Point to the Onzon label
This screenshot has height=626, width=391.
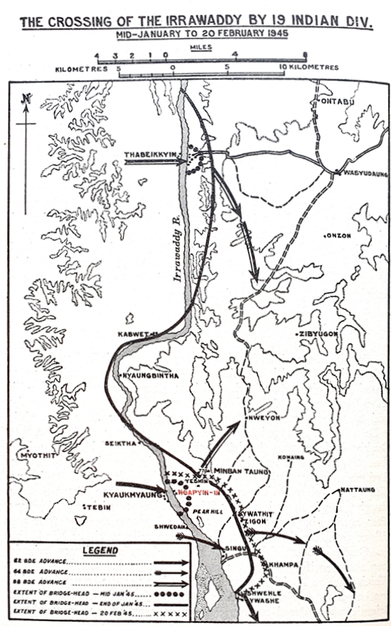[x=338, y=235]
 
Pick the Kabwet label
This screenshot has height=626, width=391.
[x=134, y=334]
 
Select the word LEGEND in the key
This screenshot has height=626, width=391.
[x=99, y=550]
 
